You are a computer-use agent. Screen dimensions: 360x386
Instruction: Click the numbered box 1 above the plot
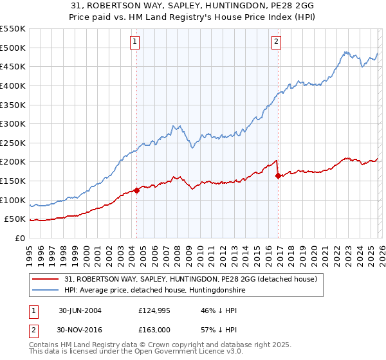135,42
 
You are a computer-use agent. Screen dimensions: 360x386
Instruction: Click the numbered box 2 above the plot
276,42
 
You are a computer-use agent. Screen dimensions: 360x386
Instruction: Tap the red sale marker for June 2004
137,190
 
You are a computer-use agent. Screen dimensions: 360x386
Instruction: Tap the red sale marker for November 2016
278,175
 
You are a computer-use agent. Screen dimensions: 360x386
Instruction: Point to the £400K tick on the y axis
13,85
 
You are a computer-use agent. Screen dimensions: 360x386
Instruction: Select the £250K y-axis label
13,143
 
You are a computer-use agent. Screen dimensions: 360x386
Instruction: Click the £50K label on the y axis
15,219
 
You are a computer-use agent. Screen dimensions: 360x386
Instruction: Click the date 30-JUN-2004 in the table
80,310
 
